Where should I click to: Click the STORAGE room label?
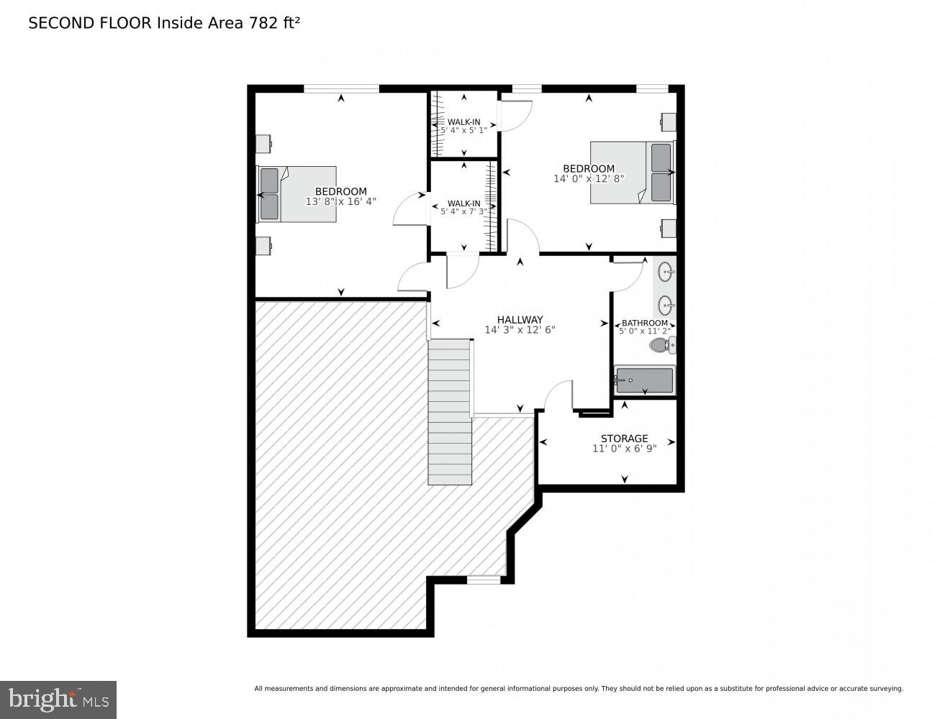(x=624, y=439)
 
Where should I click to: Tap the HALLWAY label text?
(x=520, y=320)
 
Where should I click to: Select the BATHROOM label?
(x=644, y=324)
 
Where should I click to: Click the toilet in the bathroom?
(x=661, y=346)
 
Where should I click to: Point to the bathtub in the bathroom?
(x=644, y=380)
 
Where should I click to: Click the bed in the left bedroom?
(x=297, y=194)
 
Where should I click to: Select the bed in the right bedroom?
(x=632, y=173)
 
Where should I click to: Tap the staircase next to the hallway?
(x=450, y=413)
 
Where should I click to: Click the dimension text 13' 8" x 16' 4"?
(x=340, y=202)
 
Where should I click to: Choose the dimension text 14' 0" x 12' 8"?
(x=588, y=179)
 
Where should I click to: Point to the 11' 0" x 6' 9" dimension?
(x=624, y=449)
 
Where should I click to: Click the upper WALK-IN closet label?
(x=463, y=122)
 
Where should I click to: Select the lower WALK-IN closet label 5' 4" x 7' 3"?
(x=463, y=208)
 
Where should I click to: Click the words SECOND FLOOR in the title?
(x=90, y=23)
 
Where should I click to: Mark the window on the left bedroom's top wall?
(x=341, y=89)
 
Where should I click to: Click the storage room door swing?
(x=558, y=395)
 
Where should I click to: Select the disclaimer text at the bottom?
(x=578, y=689)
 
